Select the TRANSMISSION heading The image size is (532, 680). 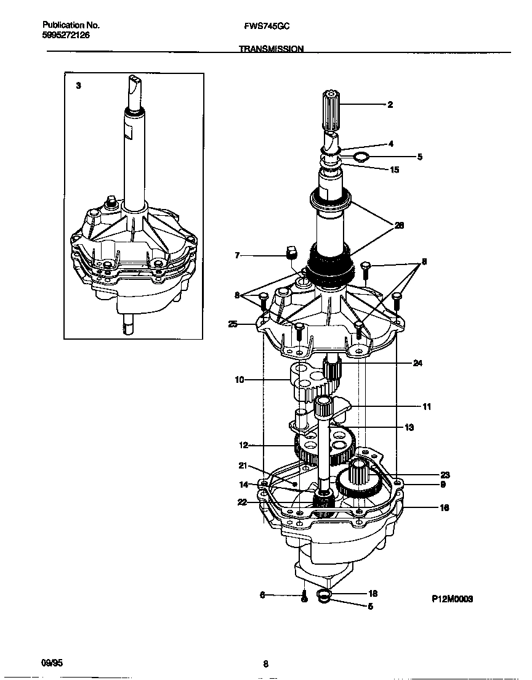[x=271, y=48]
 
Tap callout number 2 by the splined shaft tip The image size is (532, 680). [x=390, y=105]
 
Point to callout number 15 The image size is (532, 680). [x=395, y=170]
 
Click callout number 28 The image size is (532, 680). [x=399, y=226]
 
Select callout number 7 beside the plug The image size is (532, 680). [x=238, y=255]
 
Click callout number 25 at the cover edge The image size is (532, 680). [x=233, y=324]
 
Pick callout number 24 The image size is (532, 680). [x=417, y=364]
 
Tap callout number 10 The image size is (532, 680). [x=239, y=380]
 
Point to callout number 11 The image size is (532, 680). [x=427, y=407]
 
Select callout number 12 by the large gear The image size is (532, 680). [x=243, y=445]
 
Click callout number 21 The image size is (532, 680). [x=243, y=465]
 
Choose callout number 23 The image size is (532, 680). [x=445, y=475]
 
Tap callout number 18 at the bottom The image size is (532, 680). [x=372, y=594]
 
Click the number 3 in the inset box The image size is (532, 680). [x=78, y=86]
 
